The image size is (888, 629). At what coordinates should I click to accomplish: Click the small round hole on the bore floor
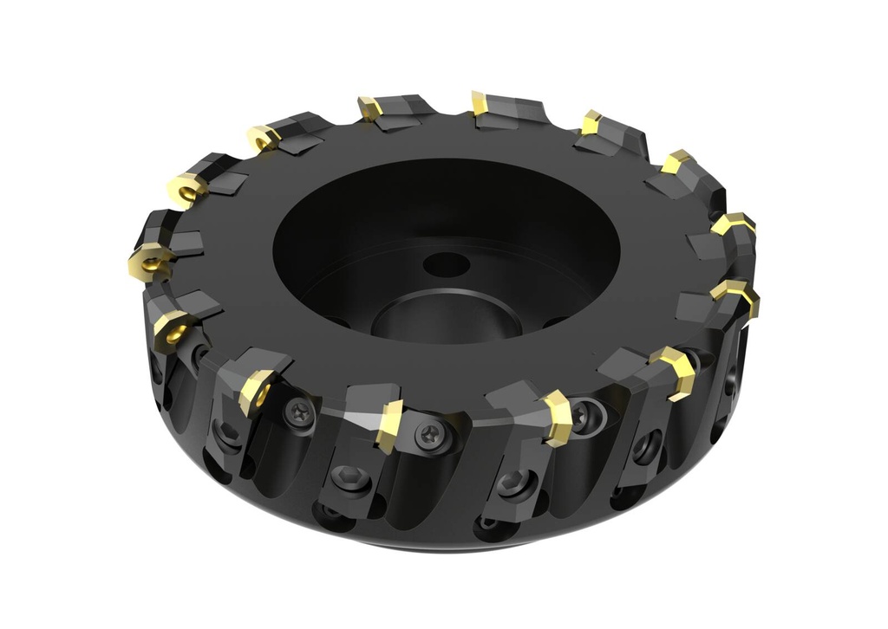[447, 264]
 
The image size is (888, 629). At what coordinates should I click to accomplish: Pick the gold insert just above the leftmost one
[186, 188]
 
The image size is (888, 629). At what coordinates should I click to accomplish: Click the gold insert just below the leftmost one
[171, 327]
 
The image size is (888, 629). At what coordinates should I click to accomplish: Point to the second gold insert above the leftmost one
[263, 137]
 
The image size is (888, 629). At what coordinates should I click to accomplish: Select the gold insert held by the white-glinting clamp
[389, 425]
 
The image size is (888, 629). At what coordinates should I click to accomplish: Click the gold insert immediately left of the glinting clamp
[257, 391]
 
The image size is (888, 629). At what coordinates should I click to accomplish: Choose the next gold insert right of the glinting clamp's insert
[556, 418]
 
